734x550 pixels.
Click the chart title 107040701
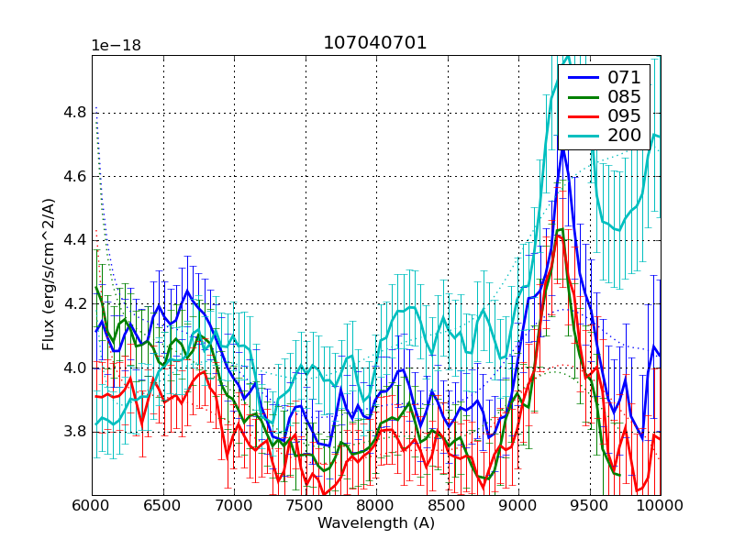[374, 43]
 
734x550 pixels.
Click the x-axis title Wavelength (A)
[376, 523]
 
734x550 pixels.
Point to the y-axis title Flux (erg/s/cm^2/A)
[49, 275]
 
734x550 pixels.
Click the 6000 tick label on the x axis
[92, 505]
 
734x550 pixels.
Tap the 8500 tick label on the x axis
[447, 505]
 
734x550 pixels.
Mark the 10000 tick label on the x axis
[660, 505]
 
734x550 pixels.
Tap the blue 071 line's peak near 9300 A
[563, 149]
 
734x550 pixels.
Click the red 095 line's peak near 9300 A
[558, 236]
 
